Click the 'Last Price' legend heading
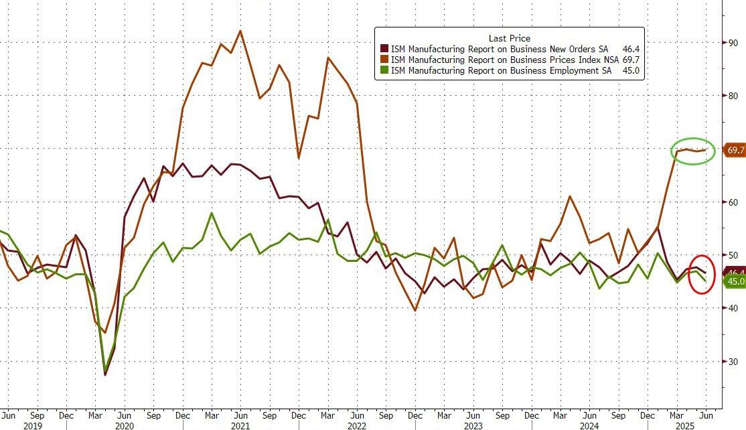coord(509,38)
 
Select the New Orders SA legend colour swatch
coord(384,49)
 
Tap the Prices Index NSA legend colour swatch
coord(384,60)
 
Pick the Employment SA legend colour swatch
coord(384,70)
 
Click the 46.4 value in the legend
coord(630,49)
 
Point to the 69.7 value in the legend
coord(630,60)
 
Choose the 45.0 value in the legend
coord(630,70)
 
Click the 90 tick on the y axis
coord(733,43)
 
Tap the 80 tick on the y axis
coord(733,96)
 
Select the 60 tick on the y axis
coord(733,202)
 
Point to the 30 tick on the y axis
coord(733,362)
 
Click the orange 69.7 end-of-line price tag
coord(735,151)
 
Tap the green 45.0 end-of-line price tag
coord(735,281)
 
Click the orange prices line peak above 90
coord(240,31)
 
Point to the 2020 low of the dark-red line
coord(105,375)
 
